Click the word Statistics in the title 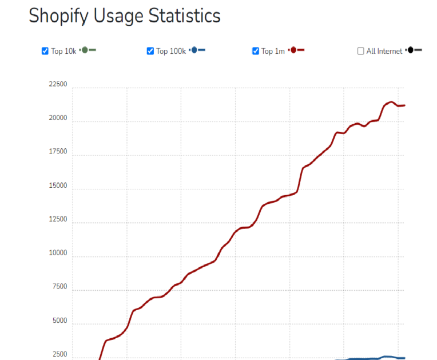[x=183, y=15]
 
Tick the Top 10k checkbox [x=45, y=51]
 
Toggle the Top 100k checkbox [x=150, y=51]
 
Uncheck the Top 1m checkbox [x=256, y=51]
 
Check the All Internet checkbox [x=361, y=51]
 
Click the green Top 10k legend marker [x=87, y=50]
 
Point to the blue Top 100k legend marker [x=196, y=50]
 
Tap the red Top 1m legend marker [x=295, y=50]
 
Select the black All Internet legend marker [x=413, y=50]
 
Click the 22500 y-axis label [x=58, y=85]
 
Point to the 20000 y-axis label [x=58, y=118]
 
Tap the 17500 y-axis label [x=58, y=152]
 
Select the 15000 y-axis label [x=58, y=186]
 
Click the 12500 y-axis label [x=58, y=220]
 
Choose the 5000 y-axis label [x=59, y=321]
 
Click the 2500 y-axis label [x=59, y=355]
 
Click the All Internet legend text [x=384, y=52]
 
